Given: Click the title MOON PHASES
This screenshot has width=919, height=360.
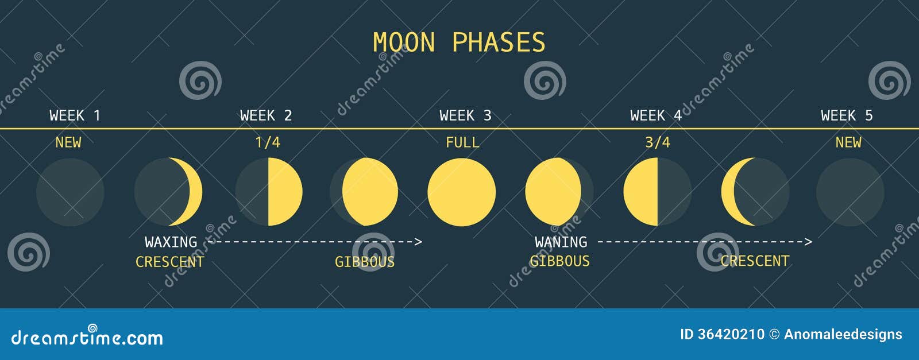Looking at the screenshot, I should click(x=458, y=43).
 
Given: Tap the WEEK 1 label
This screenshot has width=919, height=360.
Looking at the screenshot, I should click(x=75, y=115).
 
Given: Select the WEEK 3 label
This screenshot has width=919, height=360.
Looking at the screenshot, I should click(x=465, y=115).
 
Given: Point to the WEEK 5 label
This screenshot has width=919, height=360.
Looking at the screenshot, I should click(x=847, y=115).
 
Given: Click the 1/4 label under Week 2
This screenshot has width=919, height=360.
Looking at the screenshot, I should click(x=268, y=142).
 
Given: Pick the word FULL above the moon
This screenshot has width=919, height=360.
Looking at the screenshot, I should click(x=462, y=142).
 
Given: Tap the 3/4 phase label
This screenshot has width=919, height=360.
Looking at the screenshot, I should click(x=658, y=142).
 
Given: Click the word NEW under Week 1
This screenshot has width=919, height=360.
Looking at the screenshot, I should click(x=68, y=142).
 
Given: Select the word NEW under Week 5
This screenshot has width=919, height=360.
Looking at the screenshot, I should click(x=848, y=142).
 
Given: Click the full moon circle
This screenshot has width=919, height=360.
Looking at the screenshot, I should click(x=461, y=192).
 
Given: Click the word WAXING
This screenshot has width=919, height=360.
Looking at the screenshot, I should click(x=171, y=242).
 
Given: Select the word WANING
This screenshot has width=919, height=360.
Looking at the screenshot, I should click(x=561, y=242).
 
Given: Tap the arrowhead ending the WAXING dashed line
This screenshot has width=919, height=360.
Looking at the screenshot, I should click(x=419, y=242).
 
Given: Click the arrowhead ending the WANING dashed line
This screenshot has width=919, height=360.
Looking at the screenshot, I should click(x=809, y=242).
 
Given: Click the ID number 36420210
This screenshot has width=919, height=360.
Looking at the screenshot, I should click(x=731, y=334).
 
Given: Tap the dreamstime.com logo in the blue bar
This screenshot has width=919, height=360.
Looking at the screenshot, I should click(x=87, y=338).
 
